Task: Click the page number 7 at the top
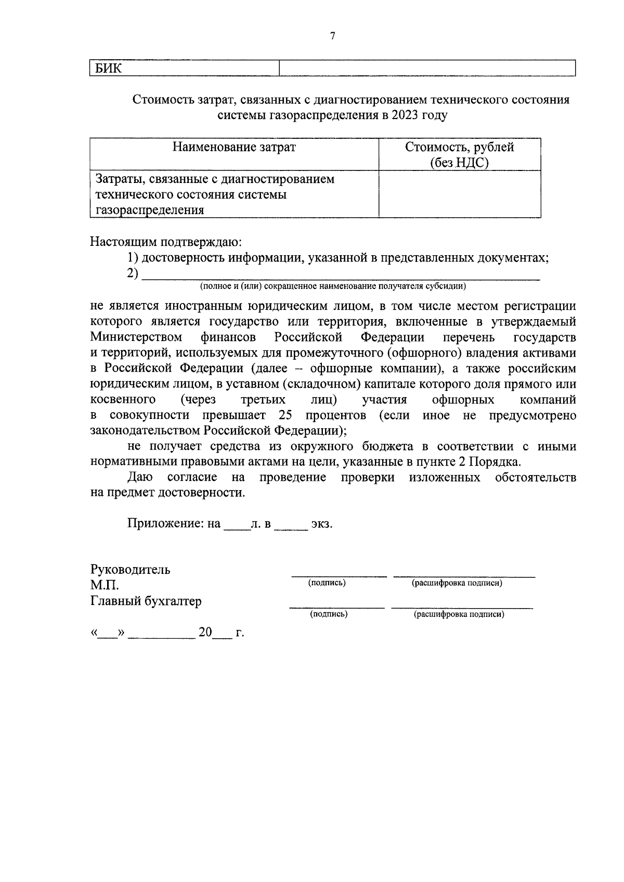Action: tap(333, 36)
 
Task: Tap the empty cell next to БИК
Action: tap(427, 68)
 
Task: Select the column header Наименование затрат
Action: tap(234, 147)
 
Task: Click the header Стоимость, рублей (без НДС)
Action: tap(460, 154)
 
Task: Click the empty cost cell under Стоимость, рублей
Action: tap(460, 194)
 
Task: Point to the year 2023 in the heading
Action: tap(407, 115)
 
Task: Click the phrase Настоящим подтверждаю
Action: tap(166, 242)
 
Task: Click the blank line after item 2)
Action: tap(341, 274)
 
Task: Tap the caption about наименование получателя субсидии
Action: tap(333, 286)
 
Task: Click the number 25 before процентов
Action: tap(285, 415)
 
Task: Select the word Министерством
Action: tap(136, 337)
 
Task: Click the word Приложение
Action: tap(166, 523)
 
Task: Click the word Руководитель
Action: tap(130, 569)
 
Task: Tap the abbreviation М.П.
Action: tap(105, 585)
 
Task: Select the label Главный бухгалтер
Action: tap(146, 601)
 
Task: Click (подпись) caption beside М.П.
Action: tap(327, 583)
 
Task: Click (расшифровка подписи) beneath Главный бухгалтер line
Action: tap(459, 614)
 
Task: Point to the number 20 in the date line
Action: tap(205, 633)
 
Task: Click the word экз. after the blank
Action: tap(321, 523)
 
